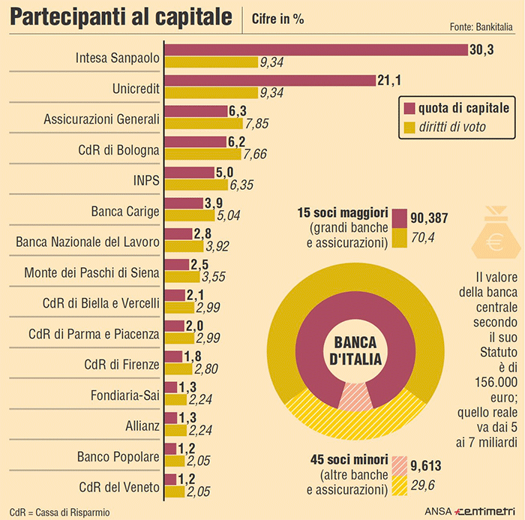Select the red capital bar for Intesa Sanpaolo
tap(316, 50)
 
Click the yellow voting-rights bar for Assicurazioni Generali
tap(203, 124)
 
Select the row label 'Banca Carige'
tap(125, 211)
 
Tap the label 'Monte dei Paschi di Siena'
tap(91, 272)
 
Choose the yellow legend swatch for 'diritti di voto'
tap(409, 127)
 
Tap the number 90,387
tap(430, 218)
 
